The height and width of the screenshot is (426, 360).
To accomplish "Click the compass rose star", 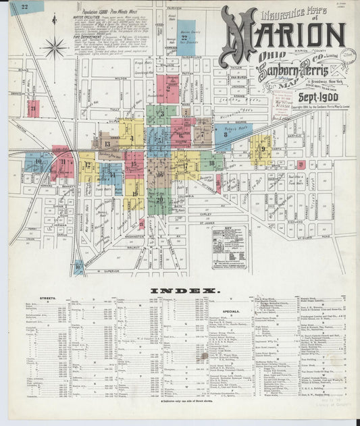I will click(54, 47).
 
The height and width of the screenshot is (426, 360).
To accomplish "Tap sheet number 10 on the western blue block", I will click(38, 162).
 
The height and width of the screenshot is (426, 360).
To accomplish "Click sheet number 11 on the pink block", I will click(63, 162).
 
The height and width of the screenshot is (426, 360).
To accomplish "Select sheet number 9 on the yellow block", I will click(262, 148).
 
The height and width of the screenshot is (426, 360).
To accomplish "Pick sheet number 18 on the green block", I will click(211, 162).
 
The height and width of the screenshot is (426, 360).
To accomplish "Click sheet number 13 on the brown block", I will click(107, 143).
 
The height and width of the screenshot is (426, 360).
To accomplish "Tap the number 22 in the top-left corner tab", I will click(24, 7).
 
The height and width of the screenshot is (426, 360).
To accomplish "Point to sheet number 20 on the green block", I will click(159, 201).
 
